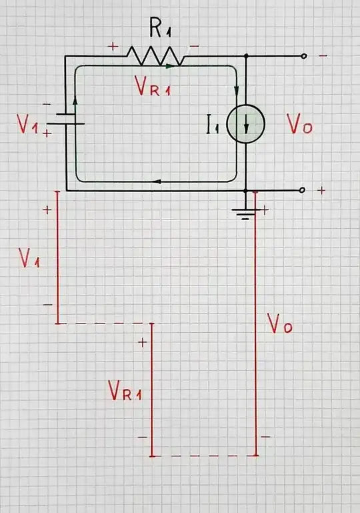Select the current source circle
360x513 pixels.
[x=245, y=124]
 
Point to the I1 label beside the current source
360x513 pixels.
[x=213, y=125]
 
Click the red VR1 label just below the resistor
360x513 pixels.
[x=152, y=87]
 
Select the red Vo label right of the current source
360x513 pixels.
[x=299, y=124]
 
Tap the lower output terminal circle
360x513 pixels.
[x=302, y=191]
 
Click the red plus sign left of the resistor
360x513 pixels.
[x=113, y=47]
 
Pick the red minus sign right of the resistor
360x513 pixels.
[x=194, y=45]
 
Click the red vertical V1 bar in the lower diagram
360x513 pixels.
[x=57, y=257]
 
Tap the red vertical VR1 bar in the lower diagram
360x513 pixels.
[x=152, y=390]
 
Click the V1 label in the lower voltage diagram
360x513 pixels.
[x=29, y=258]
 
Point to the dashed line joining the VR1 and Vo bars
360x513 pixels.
[x=204, y=456]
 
